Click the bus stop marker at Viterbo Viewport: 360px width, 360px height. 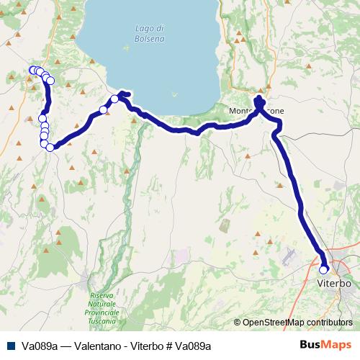324,269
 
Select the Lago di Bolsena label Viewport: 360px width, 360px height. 150,32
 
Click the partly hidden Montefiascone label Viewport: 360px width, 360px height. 256,112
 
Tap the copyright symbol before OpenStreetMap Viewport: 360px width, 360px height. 238,323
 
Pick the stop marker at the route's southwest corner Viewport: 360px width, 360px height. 50,147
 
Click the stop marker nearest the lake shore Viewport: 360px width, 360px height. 115,99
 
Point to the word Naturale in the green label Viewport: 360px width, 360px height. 104,305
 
